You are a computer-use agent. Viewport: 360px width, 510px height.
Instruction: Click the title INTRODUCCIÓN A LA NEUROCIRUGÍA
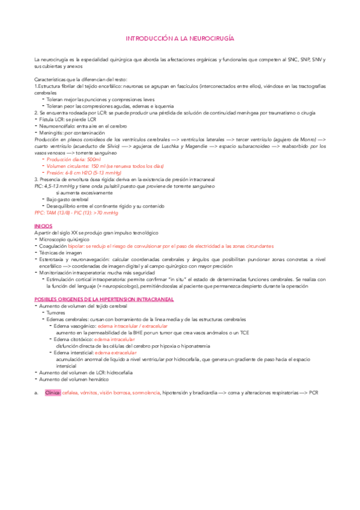point(180,38)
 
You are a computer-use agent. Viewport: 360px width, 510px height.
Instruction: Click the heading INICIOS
point(43,225)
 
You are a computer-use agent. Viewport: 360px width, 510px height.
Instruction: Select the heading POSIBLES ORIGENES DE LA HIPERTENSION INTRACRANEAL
point(104,298)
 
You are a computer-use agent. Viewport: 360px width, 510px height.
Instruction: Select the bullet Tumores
point(56,312)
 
